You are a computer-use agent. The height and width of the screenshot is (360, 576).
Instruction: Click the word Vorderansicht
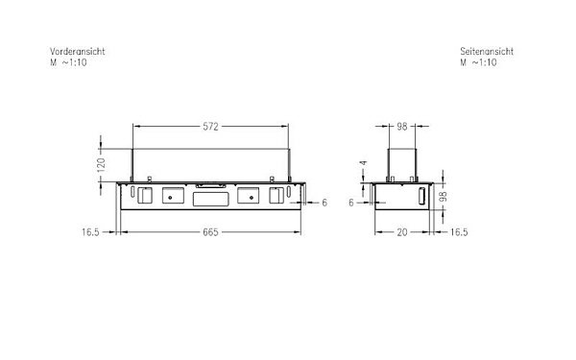77,52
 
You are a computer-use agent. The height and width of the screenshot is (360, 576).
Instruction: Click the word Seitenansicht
487,52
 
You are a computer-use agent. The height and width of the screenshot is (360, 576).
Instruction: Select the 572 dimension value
210,127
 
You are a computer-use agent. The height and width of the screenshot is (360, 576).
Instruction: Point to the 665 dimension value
210,232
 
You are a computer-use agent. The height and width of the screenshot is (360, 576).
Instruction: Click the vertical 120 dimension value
101,165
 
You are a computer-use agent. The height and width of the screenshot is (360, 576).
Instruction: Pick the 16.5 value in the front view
90,232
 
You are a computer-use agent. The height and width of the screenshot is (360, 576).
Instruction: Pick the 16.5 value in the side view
459,232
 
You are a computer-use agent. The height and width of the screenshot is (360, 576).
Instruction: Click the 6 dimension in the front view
324,203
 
